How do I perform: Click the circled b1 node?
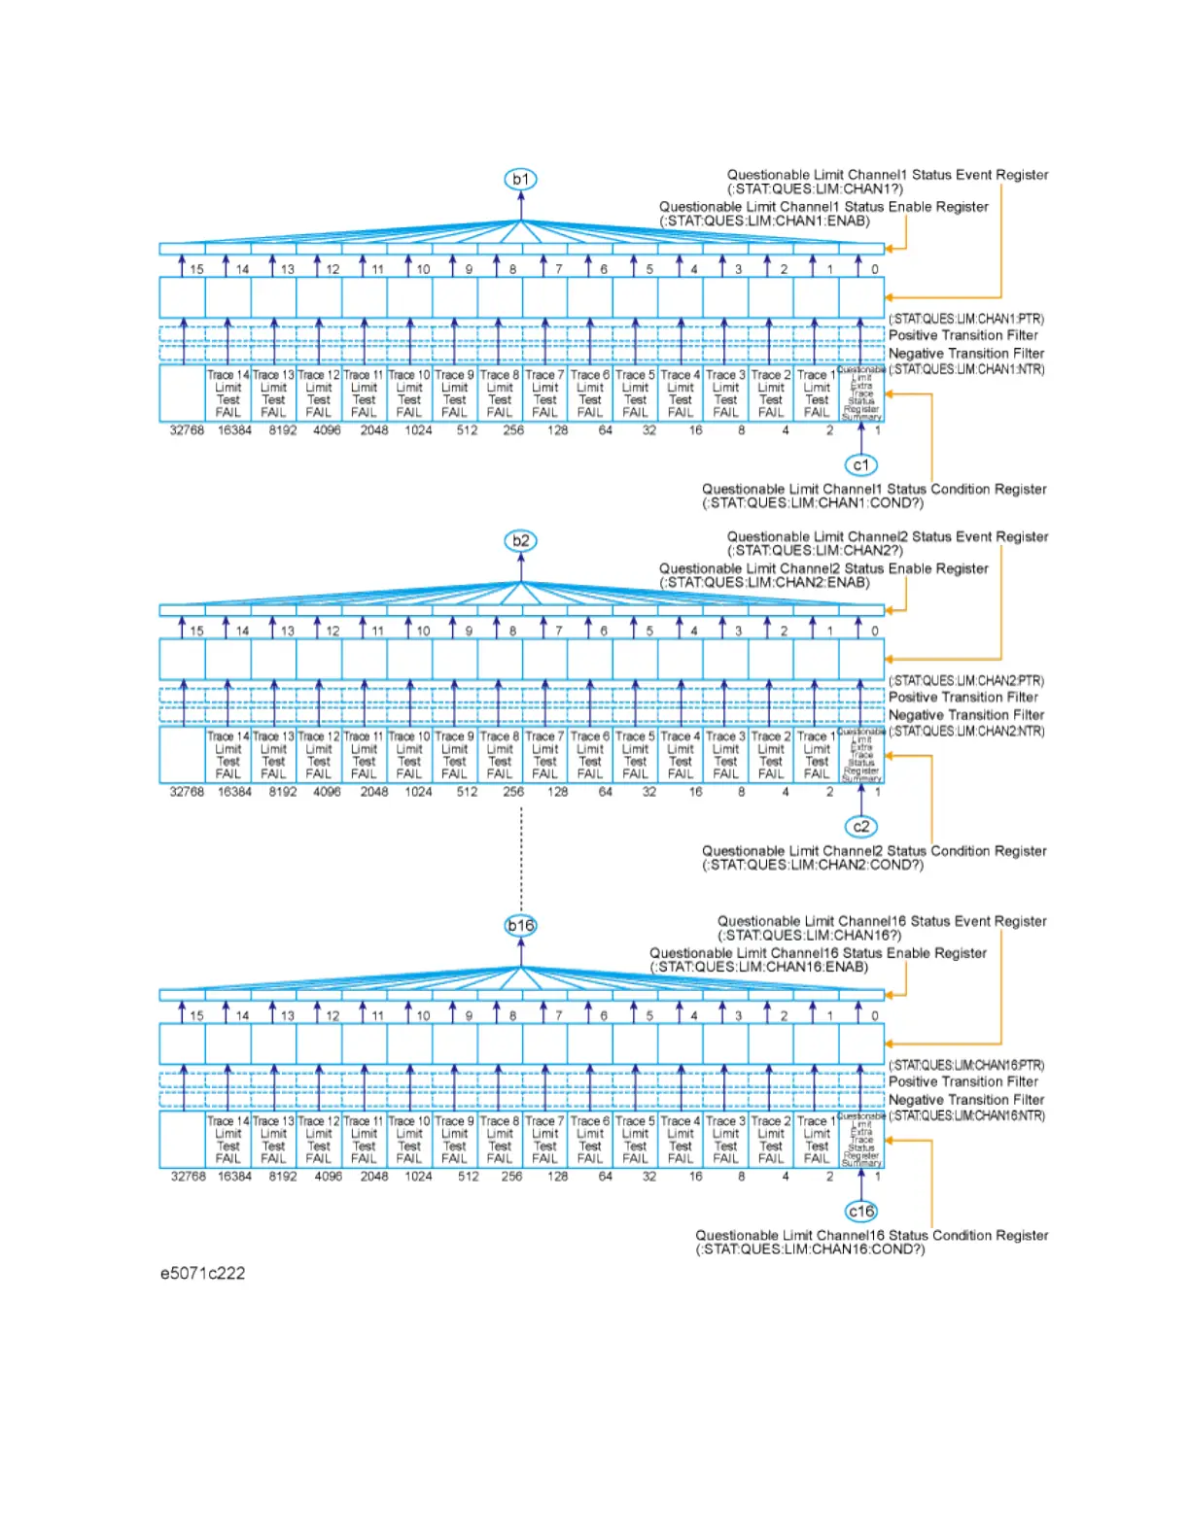[x=521, y=179]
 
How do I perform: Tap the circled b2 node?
[x=521, y=540]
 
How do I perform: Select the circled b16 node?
[x=521, y=925]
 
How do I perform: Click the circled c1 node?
[x=860, y=465]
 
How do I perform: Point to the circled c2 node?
[x=860, y=827]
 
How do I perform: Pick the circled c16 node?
[x=860, y=1212]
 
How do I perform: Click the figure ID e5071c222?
[x=202, y=1273]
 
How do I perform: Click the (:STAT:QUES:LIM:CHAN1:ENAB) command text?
[x=764, y=222]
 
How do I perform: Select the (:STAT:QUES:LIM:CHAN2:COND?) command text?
[x=813, y=865]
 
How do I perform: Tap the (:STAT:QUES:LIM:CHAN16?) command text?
[x=809, y=935]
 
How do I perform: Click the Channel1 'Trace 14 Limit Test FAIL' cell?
[x=228, y=393]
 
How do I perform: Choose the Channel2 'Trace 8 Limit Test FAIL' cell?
[x=500, y=755]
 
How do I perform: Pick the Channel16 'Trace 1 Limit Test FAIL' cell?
[x=817, y=1140]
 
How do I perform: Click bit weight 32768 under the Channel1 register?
[x=187, y=430]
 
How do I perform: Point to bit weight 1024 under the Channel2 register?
[x=418, y=792]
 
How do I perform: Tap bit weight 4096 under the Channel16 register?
[x=328, y=1177]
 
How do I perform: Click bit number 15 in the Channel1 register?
[x=196, y=269]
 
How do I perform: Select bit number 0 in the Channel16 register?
[x=874, y=1015]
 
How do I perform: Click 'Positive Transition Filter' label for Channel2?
[x=962, y=697]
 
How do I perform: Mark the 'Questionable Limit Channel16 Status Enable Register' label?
[x=818, y=953]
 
